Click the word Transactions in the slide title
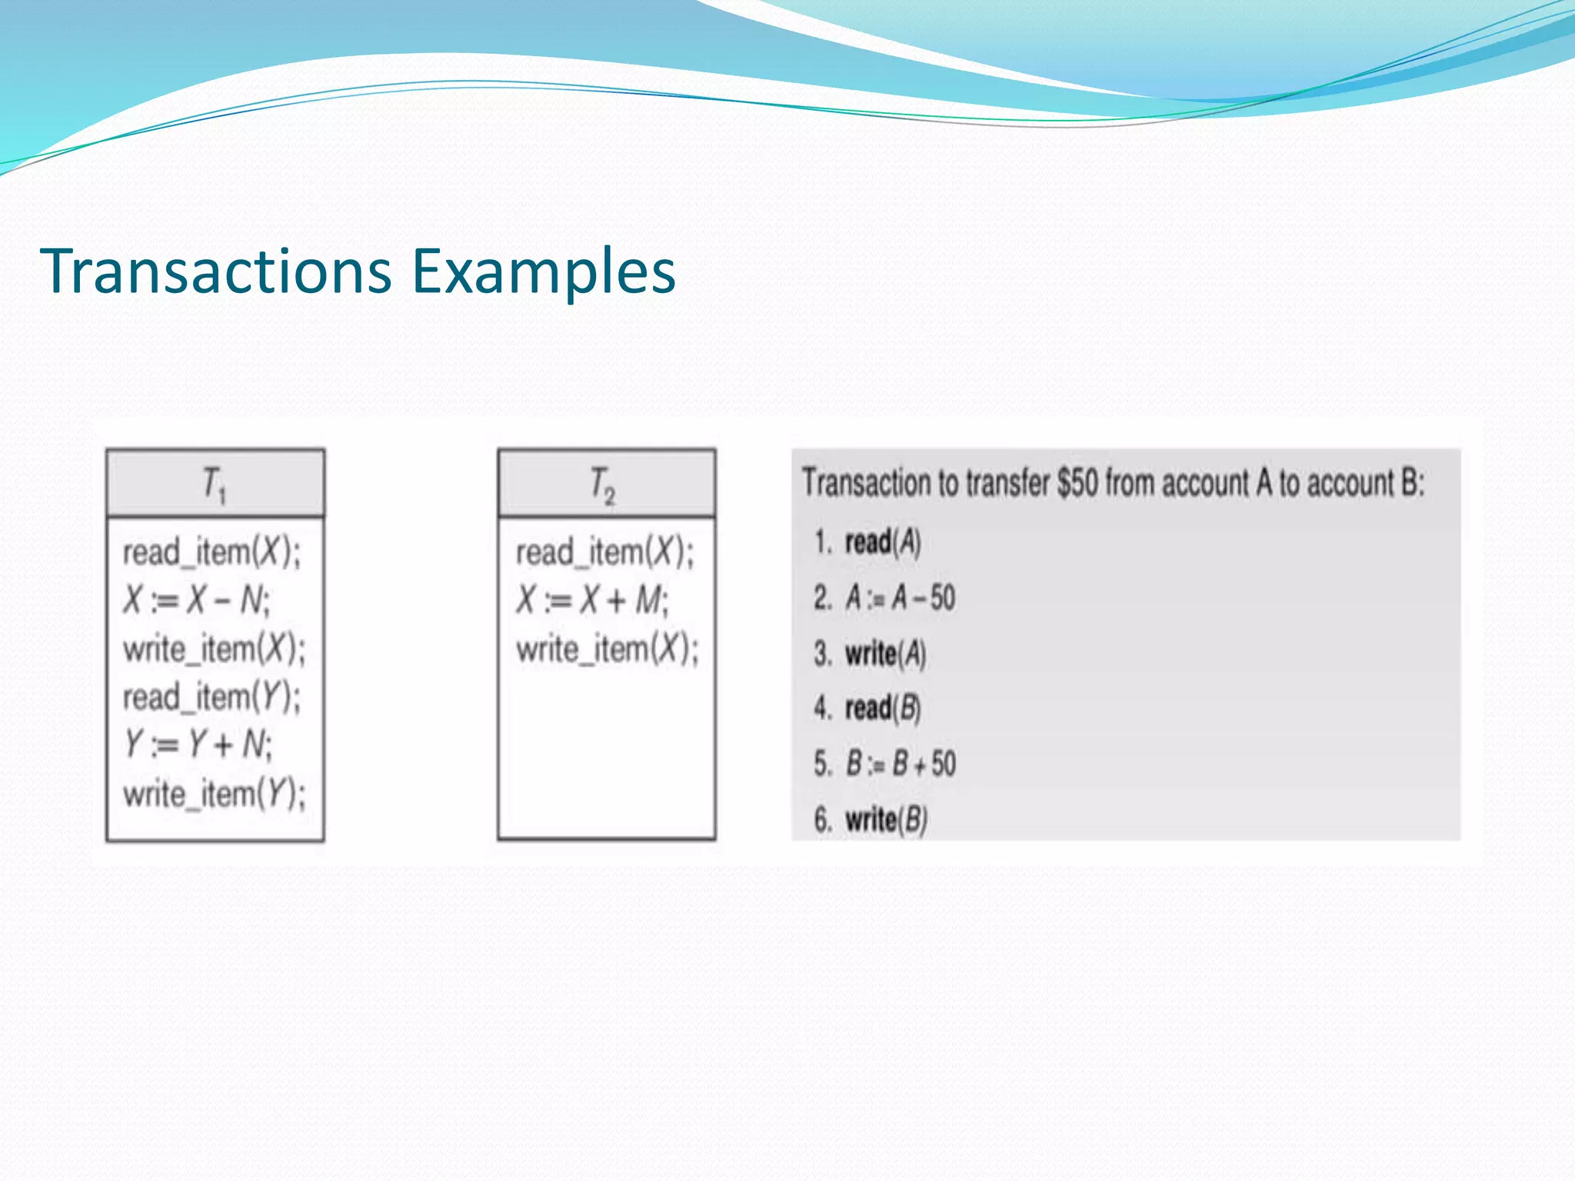pos(215,271)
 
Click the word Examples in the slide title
pos(543,271)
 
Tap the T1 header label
pos(214,485)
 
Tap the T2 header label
pos(602,485)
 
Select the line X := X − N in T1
pos(196,600)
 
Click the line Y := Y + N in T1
pos(198,744)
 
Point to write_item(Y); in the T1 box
pos(214,793)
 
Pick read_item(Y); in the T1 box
pos(211,697)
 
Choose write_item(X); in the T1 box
pos(214,649)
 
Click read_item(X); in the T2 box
pos(604,552)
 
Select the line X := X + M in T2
pos(592,600)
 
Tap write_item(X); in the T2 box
pos(607,649)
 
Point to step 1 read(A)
pos(881,542)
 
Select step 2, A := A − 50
pos(900,597)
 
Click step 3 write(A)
pos(884,654)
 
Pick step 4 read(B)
pos(882,708)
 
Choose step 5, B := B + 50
pos(900,763)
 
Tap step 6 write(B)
pos(885,820)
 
